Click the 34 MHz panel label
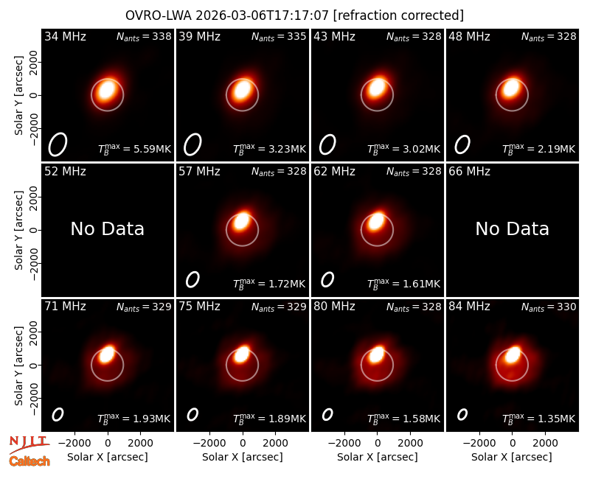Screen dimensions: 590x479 (65, 36)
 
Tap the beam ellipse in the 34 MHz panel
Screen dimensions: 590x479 (58, 144)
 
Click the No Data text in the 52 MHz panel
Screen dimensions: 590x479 (107, 228)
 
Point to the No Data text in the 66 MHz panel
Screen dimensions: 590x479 (512, 228)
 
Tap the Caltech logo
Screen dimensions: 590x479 (29, 461)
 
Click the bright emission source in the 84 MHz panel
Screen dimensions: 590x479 (513, 354)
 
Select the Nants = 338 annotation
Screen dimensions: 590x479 (144, 36)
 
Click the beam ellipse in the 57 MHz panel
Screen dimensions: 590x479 (192, 280)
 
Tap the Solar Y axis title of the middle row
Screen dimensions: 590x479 (18, 230)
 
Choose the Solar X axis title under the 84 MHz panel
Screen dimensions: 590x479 (512, 457)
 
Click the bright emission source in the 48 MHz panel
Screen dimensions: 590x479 (512, 88)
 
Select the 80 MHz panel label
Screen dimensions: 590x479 (335, 307)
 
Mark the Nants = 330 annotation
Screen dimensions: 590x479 (549, 307)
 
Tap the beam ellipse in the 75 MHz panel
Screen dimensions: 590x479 (192, 414)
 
